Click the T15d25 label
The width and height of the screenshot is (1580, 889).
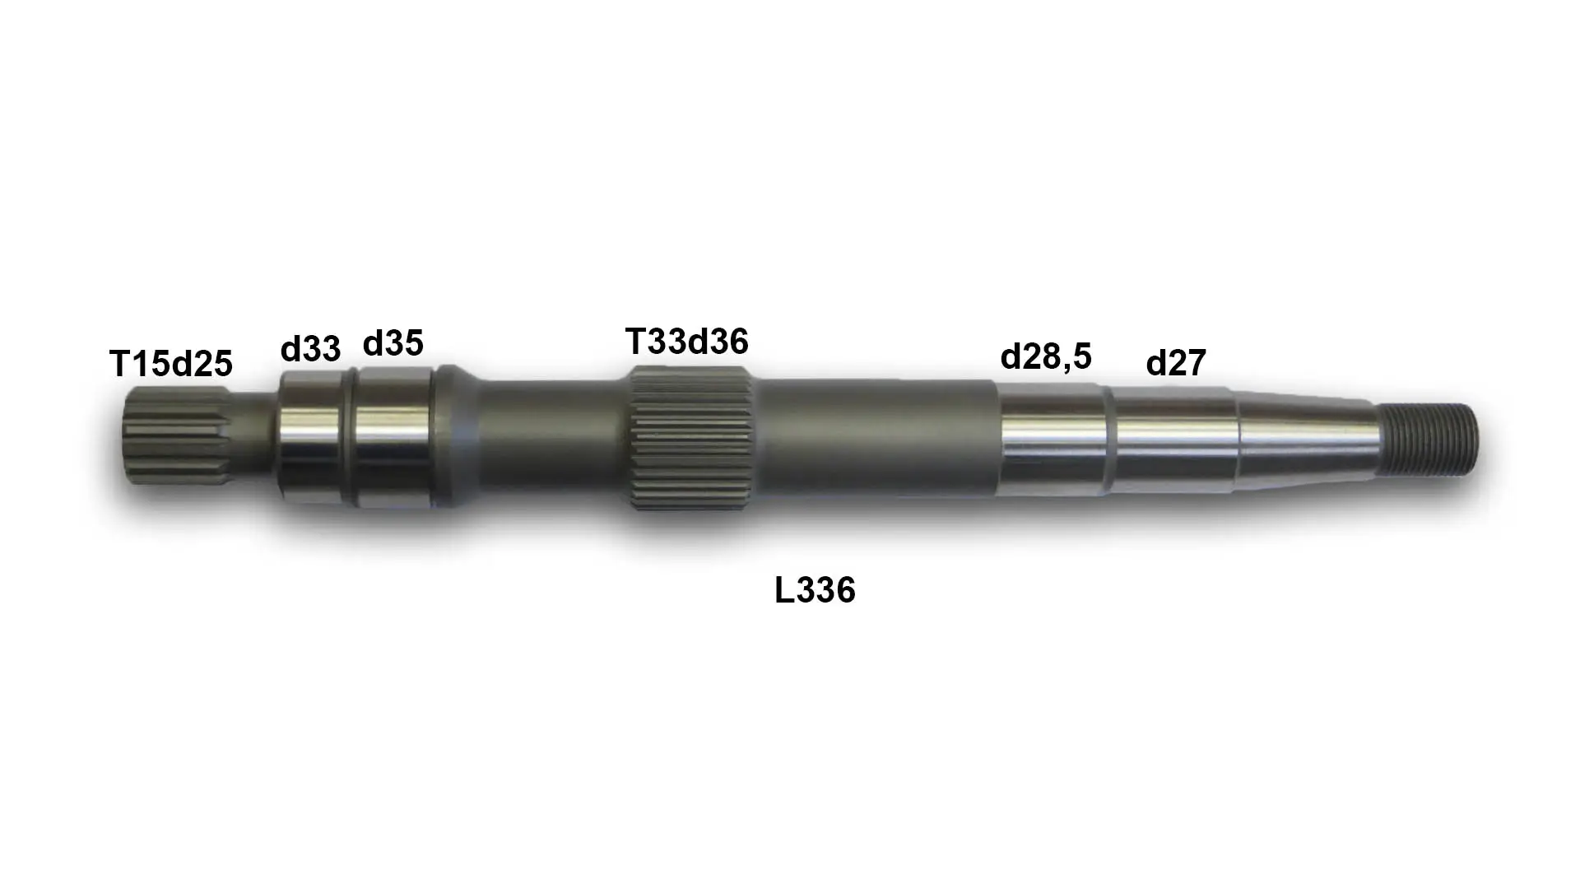(x=171, y=363)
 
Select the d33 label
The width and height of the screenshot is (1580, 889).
(x=310, y=349)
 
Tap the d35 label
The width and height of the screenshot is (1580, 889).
(x=393, y=343)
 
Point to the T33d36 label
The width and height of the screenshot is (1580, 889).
(x=687, y=341)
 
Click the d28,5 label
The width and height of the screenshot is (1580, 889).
(x=1046, y=356)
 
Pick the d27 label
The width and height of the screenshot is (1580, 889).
(x=1176, y=362)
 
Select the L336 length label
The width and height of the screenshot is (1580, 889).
(x=815, y=590)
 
